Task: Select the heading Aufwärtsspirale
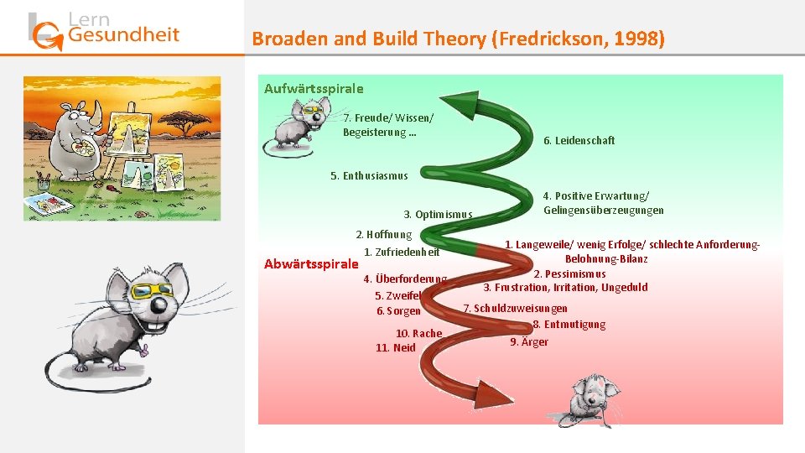(x=314, y=88)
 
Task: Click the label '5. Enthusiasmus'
(x=369, y=175)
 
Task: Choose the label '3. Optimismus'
(x=438, y=214)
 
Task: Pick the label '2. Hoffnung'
(x=384, y=235)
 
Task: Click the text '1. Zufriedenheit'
(x=402, y=252)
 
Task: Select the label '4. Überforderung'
(x=405, y=279)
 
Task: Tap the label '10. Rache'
(x=418, y=333)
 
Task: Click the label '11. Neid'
(x=395, y=347)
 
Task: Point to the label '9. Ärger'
(x=529, y=341)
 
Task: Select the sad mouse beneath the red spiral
(x=590, y=398)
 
